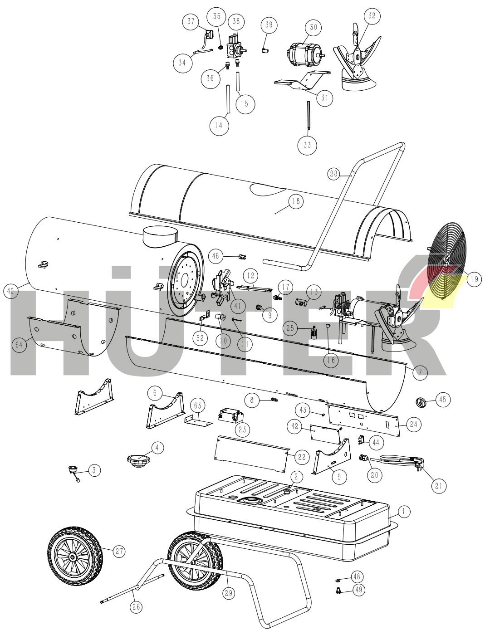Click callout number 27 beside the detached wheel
click(x=119, y=551)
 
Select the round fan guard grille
click(x=445, y=262)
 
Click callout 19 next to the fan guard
click(x=474, y=279)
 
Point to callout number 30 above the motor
click(x=313, y=28)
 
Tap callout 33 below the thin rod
click(x=307, y=145)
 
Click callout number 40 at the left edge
click(x=10, y=291)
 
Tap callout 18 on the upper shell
click(x=296, y=201)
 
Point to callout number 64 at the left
click(x=19, y=345)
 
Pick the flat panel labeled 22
click(x=252, y=454)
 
